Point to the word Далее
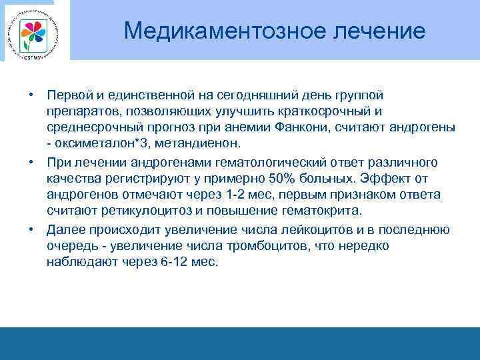63,230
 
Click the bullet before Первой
31,95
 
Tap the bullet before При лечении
31,162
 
